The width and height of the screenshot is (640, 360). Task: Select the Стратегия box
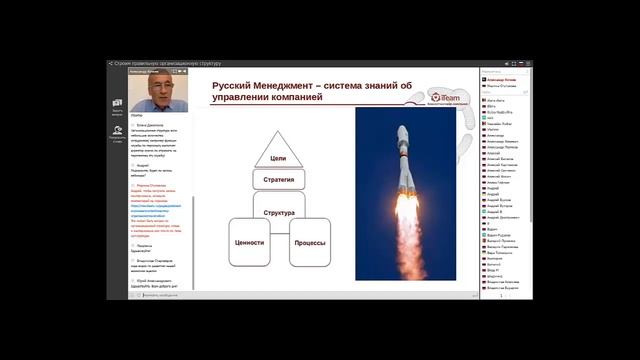coord(278,180)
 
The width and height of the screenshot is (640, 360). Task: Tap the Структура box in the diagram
coord(278,213)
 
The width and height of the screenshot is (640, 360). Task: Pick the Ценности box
coord(248,242)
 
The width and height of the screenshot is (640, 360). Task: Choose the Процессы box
coord(309,242)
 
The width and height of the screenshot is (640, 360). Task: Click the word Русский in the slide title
coord(235,85)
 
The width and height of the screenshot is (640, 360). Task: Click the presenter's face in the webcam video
coord(135,87)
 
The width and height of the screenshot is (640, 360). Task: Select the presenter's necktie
coord(136,103)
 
